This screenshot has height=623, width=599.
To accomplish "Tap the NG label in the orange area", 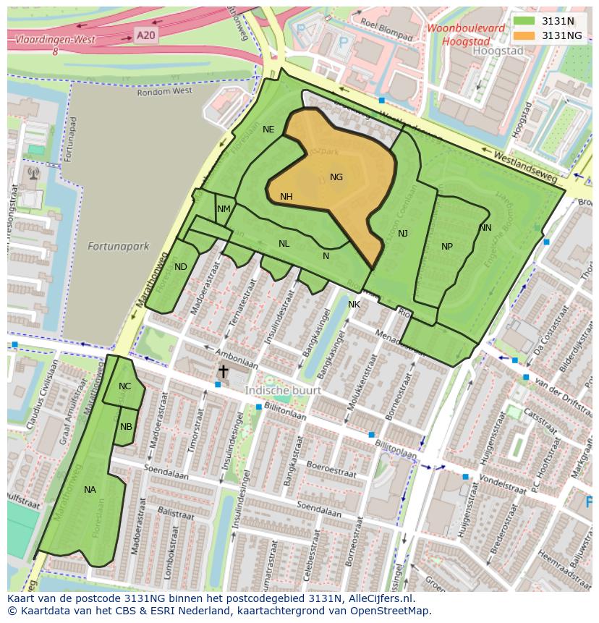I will click(336, 177).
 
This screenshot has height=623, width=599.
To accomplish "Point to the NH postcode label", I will click(286, 197).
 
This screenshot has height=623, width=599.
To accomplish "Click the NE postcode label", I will click(268, 130).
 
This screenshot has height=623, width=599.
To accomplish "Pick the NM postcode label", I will click(224, 209).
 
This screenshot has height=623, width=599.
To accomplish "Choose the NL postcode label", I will click(284, 244).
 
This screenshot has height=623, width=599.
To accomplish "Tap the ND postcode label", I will click(181, 267).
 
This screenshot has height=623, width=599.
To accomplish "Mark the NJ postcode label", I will click(403, 233).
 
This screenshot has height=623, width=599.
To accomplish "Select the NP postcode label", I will click(447, 247).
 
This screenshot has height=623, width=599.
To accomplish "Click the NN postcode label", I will click(485, 228).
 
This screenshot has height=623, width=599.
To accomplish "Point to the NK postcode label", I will click(354, 305).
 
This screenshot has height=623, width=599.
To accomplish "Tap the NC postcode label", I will click(125, 386).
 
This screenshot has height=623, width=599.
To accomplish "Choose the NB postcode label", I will click(127, 427).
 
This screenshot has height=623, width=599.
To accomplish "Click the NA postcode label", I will click(90, 490).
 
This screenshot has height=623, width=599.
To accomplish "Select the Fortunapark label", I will click(118, 246).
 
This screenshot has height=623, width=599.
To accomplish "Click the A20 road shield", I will click(145, 34).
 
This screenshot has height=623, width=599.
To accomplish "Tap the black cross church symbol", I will click(224, 371).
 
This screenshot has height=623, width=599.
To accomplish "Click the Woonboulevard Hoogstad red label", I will click(466, 35).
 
